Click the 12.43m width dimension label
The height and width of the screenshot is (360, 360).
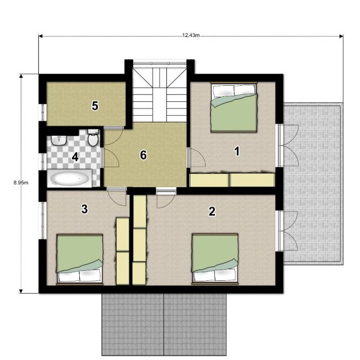click(x=191, y=35)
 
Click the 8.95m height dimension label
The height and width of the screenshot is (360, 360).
click(x=21, y=183)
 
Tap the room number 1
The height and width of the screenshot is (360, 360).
click(x=236, y=152)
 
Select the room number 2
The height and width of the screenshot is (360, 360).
click(x=212, y=211)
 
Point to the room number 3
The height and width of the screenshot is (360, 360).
click(x=85, y=209)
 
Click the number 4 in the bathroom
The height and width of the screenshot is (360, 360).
click(x=75, y=157)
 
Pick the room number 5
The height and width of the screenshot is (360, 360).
click(x=95, y=106)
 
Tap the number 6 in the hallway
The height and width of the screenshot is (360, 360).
click(x=143, y=155)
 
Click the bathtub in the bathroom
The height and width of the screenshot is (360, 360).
click(x=70, y=178)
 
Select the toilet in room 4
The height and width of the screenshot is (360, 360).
click(x=93, y=137)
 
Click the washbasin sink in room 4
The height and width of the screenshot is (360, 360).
click(x=59, y=140)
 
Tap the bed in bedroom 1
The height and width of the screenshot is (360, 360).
click(x=234, y=107)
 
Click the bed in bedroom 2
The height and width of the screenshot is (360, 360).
click(x=215, y=259)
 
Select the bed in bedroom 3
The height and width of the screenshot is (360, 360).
click(x=80, y=259)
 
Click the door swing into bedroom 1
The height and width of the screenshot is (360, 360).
click(x=197, y=157)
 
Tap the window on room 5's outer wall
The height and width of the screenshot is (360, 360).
click(x=43, y=112)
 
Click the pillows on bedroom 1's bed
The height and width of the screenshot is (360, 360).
click(x=234, y=90)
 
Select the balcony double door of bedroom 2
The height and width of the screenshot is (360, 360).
click(x=288, y=231)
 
